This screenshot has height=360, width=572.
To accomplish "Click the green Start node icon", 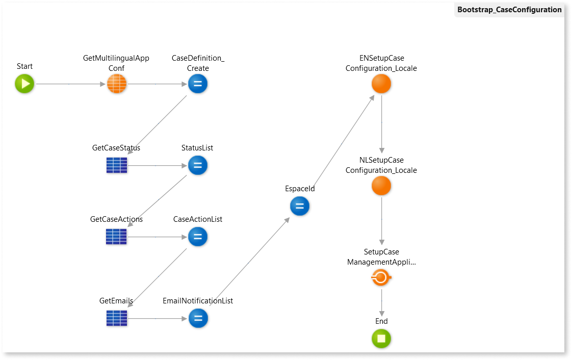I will tap(24, 84).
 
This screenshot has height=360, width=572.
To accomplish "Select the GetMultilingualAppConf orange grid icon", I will tap(116, 84).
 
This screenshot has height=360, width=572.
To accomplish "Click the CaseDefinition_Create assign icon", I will tap(198, 84).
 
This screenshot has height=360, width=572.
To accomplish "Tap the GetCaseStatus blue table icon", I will tap(116, 165).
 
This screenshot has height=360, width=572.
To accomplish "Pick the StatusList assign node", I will tap(198, 165).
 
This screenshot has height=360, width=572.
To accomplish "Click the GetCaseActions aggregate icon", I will tap(116, 237).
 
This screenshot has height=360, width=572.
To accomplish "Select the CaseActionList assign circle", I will tap(198, 237).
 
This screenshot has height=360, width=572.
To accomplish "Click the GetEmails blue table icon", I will tap(116, 318).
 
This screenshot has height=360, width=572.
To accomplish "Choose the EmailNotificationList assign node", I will tap(198, 318).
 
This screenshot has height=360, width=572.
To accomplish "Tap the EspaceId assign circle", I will tap(300, 206).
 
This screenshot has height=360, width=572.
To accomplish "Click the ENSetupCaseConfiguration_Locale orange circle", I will tap(381, 84).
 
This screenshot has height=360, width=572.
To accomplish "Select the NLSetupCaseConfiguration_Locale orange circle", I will tap(381, 186).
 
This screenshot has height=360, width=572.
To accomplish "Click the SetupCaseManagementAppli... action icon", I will tap(381, 278).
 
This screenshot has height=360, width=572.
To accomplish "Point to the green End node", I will tap(381, 339).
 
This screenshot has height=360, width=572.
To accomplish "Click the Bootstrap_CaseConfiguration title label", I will tap(509, 10).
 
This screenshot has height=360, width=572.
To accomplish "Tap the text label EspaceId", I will tap(300, 189).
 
